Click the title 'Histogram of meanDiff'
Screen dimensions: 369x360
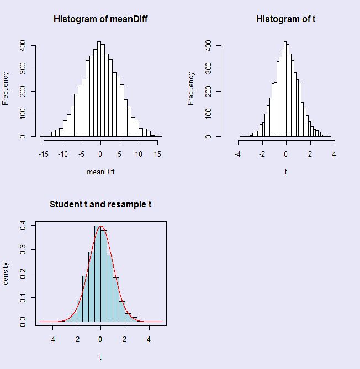click(x=100, y=19)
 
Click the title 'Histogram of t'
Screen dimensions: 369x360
click(x=286, y=19)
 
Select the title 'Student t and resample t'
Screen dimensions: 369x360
click(x=100, y=204)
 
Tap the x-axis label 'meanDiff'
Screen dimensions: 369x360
click(x=100, y=172)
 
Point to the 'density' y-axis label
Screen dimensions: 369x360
click(x=6, y=273)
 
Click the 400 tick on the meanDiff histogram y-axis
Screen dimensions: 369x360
click(x=23, y=45)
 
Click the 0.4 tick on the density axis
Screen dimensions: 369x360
click(x=23, y=225)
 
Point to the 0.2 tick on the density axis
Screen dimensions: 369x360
click(x=23, y=273)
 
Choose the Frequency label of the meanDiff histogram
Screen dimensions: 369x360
click(x=6, y=88)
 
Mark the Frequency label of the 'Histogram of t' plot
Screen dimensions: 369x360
click(x=192, y=88)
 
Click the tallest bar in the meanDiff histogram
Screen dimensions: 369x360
click(x=99, y=88)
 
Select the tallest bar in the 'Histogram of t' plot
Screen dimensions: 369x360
click(x=285, y=88)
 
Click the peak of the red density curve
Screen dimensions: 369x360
click(x=100, y=226)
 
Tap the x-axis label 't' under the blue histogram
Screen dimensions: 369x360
click(x=100, y=357)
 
